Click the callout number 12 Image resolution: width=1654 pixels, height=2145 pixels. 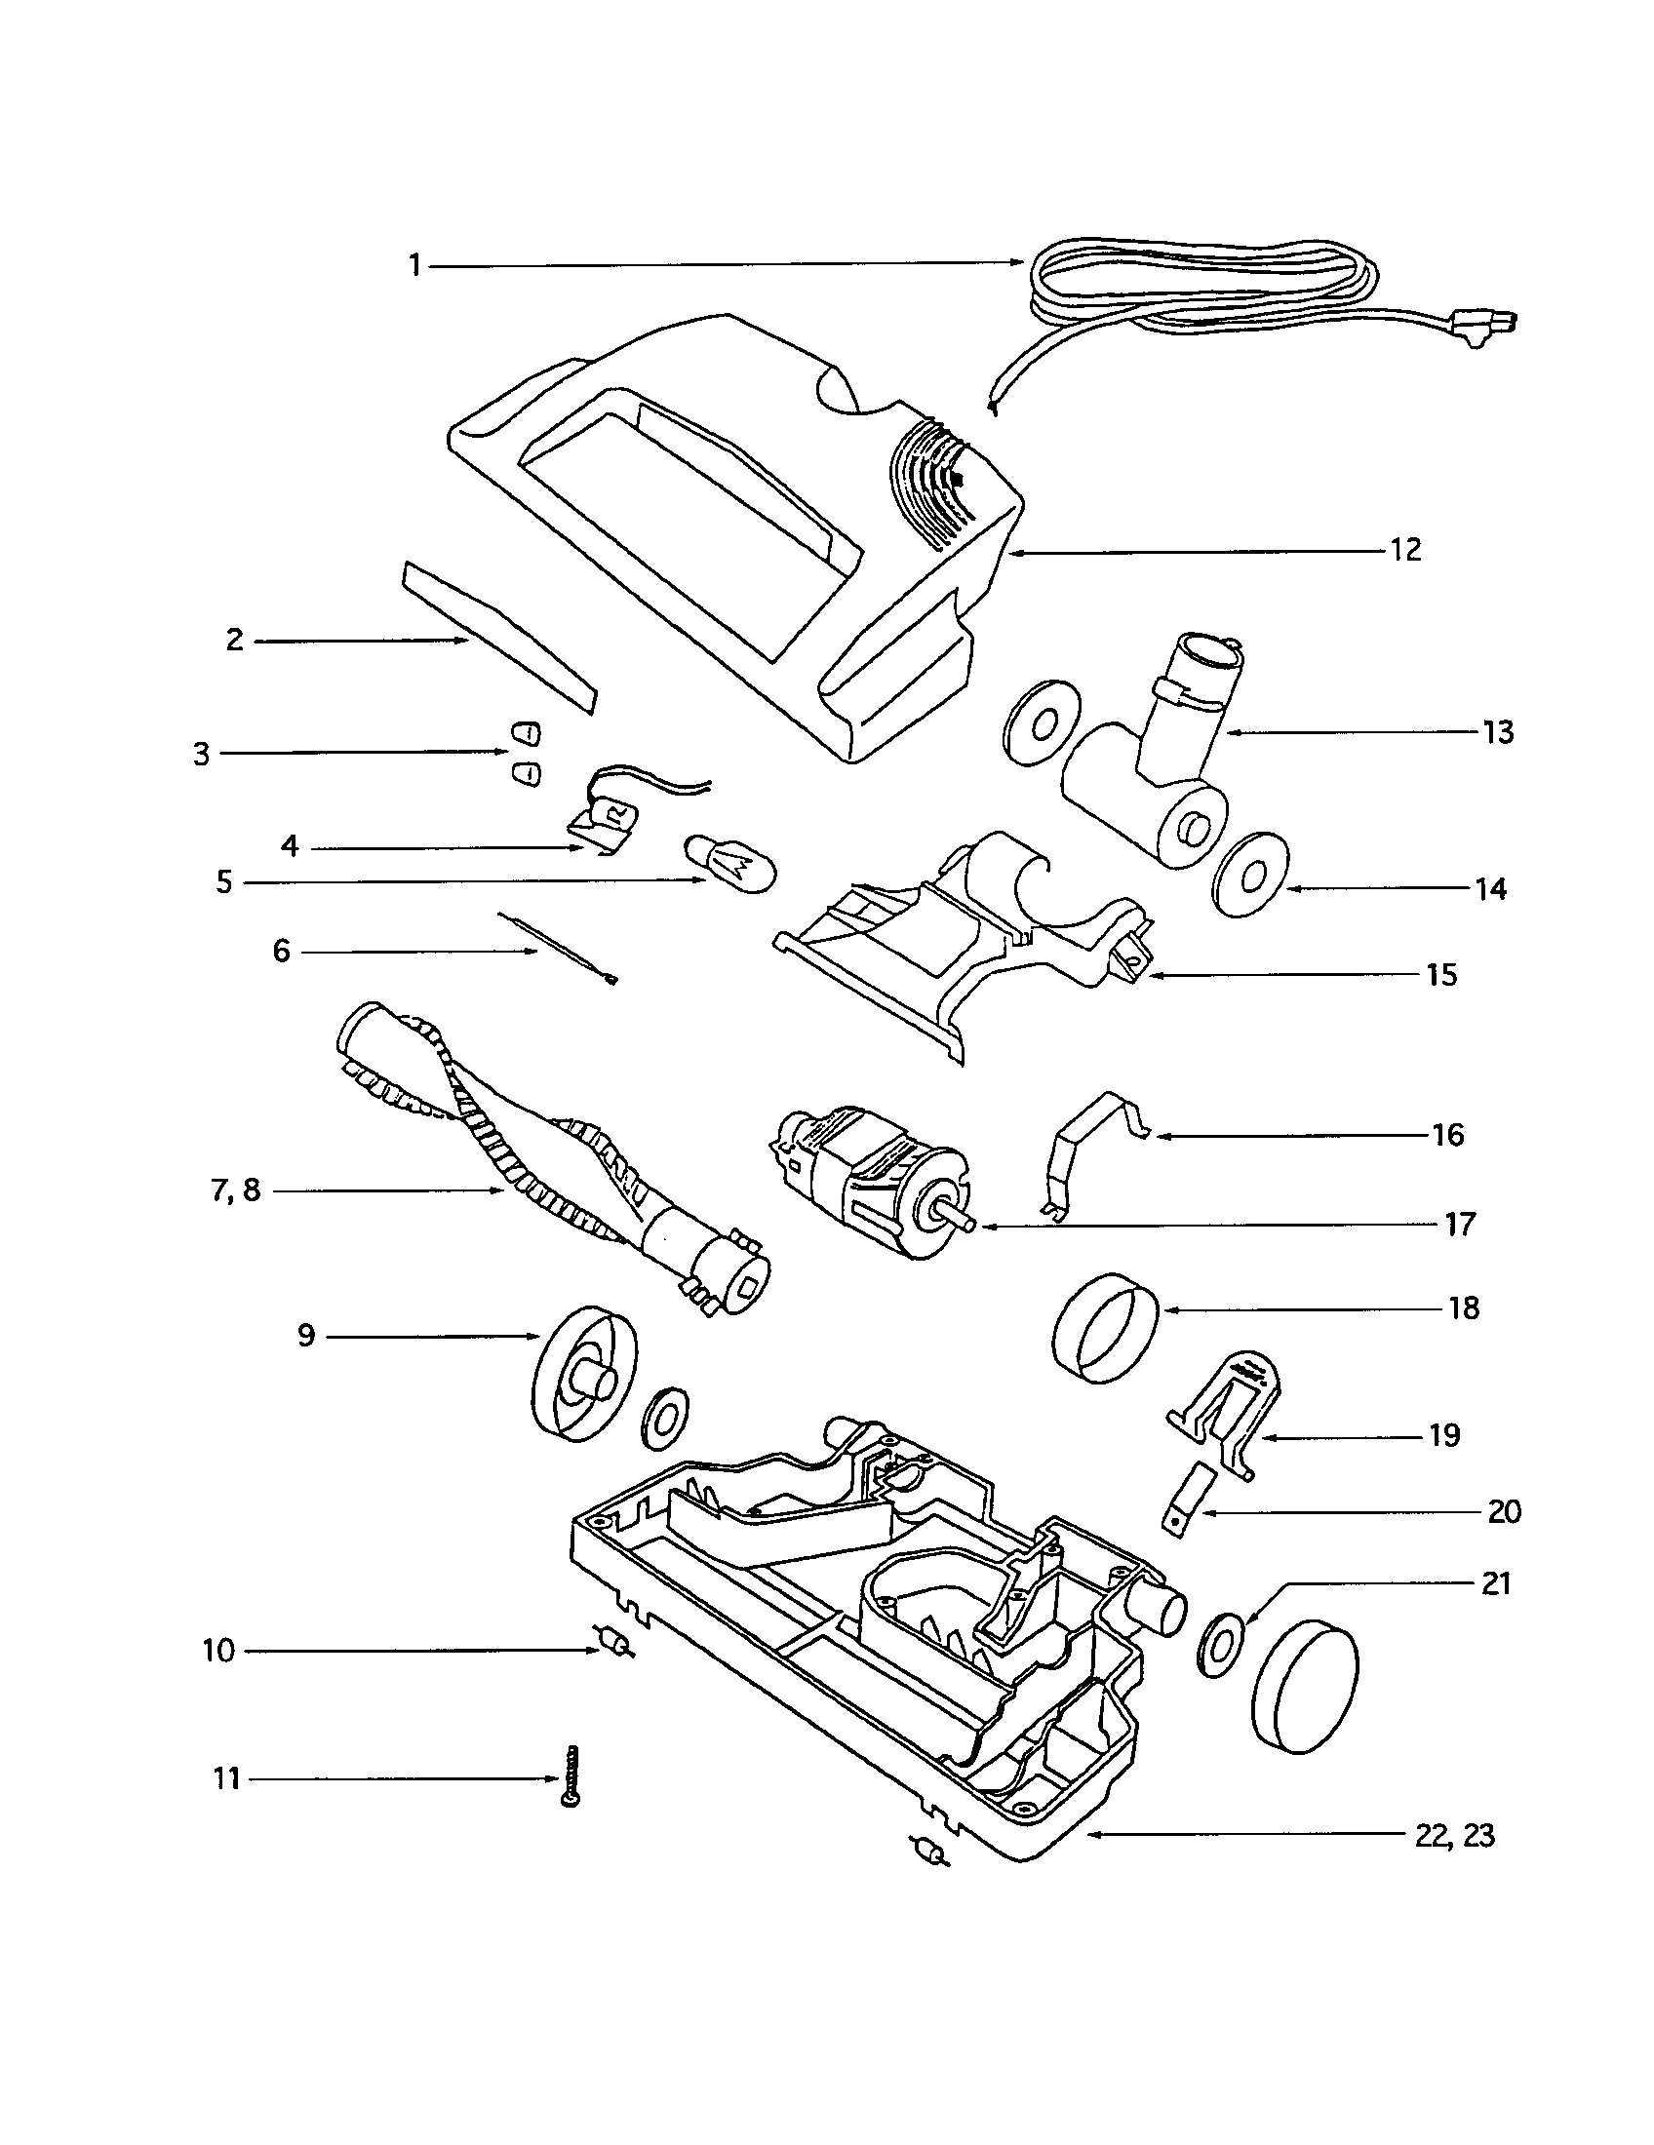(1405, 550)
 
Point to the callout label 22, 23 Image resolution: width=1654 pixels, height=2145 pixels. (1455, 1835)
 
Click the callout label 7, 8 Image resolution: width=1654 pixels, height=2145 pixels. (236, 1191)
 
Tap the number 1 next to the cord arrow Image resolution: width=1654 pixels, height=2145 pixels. (415, 265)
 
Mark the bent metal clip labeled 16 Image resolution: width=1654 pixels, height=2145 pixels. (1090, 1145)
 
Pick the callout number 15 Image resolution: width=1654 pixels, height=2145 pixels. (1440, 975)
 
